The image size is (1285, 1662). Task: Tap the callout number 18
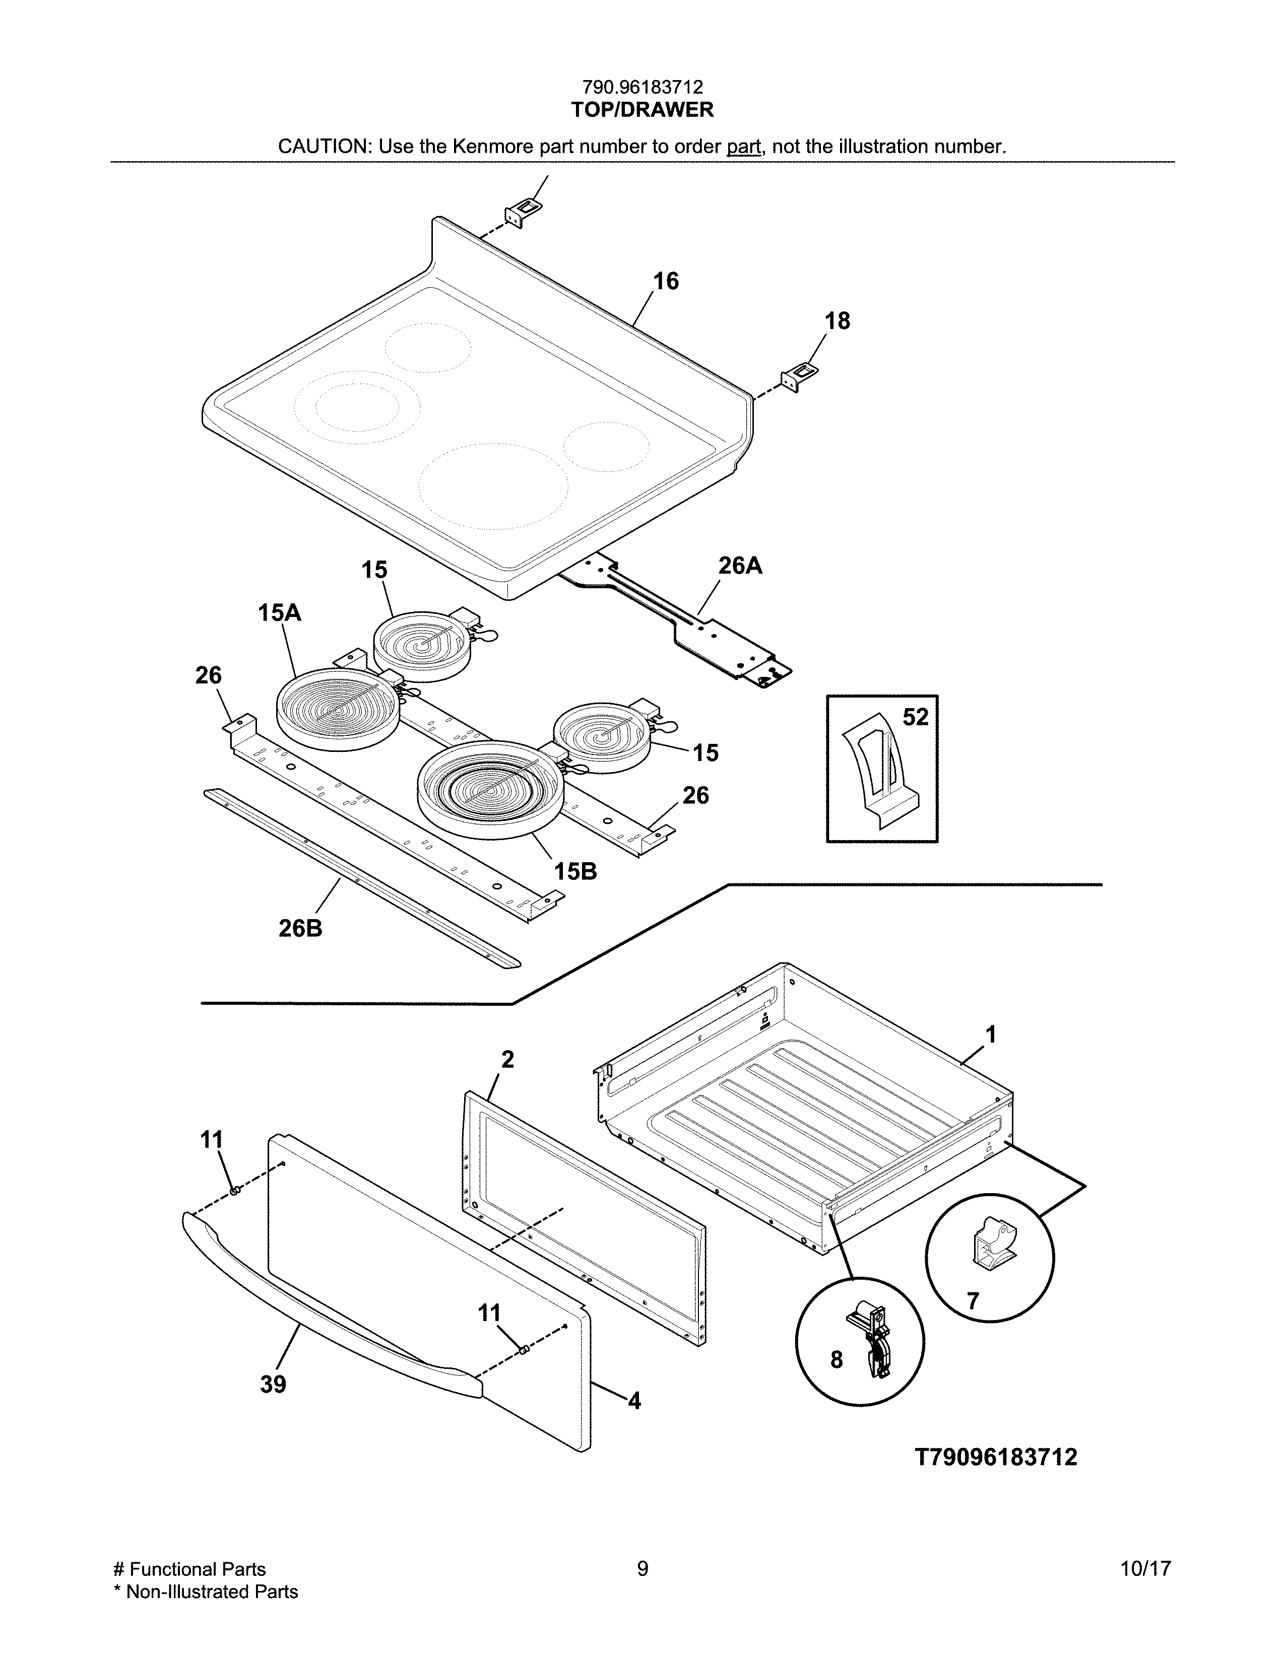click(x=838, y=321)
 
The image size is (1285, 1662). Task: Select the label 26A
click(x=740, y=566)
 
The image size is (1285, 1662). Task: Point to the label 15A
click(x=279, y=612)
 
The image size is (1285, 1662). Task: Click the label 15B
click(x=575, y=871)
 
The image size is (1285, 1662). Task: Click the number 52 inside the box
click(x=916, y=717)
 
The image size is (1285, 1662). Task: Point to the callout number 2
click(x=508, y=1059)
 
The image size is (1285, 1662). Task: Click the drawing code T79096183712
click(x=996, y=1458)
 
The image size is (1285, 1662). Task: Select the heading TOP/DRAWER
click(x=642, y=110)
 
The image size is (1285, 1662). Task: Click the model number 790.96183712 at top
click(x=642, y=88)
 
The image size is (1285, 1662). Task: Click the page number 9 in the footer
click(x=642, y=1568)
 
